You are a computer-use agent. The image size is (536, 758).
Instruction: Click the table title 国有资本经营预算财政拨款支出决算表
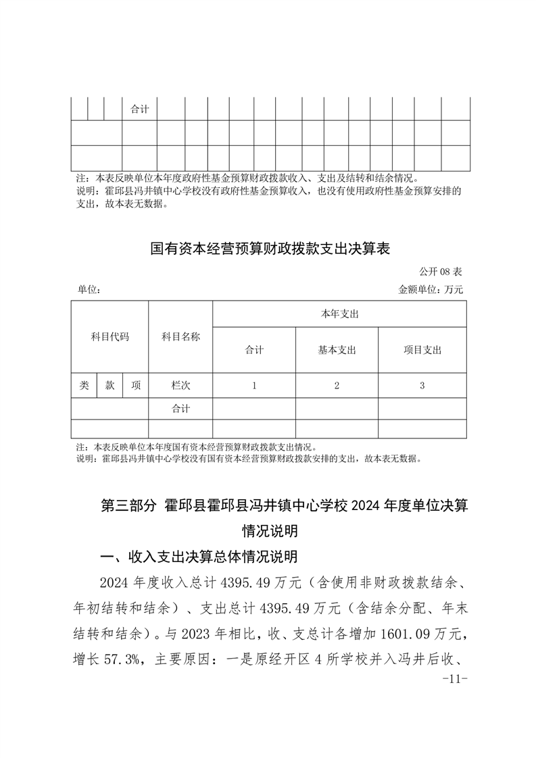pos(270,249)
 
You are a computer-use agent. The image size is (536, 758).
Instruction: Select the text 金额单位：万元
pos(431,290)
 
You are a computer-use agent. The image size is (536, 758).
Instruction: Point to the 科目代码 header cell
pos(109,336)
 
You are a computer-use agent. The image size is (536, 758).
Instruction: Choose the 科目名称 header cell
pos(180,336)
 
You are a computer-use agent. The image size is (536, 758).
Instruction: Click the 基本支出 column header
pos(337,350)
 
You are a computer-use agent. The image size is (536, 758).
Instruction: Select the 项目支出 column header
pos(422,350)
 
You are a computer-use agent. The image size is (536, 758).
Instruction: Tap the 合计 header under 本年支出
pos(254,350)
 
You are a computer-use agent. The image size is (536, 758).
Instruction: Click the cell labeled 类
pos(84,385)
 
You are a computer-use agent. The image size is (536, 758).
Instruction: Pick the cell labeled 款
pos(109,385)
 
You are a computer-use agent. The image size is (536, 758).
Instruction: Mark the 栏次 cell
pos(180,385)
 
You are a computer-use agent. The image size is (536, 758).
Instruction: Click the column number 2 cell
pos(337,386)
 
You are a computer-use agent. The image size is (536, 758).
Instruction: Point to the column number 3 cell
pos(422,386)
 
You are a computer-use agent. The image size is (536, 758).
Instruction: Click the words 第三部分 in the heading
pos(128,506)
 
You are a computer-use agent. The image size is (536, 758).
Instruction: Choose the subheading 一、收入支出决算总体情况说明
pos(198,557)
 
